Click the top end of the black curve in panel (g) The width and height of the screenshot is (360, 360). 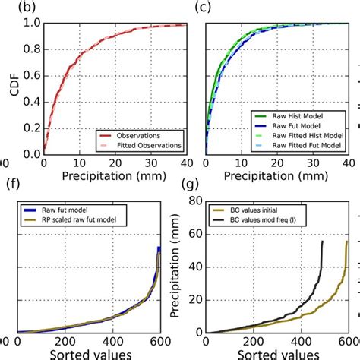pyautogui.click(x=322, y=242)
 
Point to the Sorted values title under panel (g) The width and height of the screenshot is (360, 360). pyautogui.click(x=276, y=354)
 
